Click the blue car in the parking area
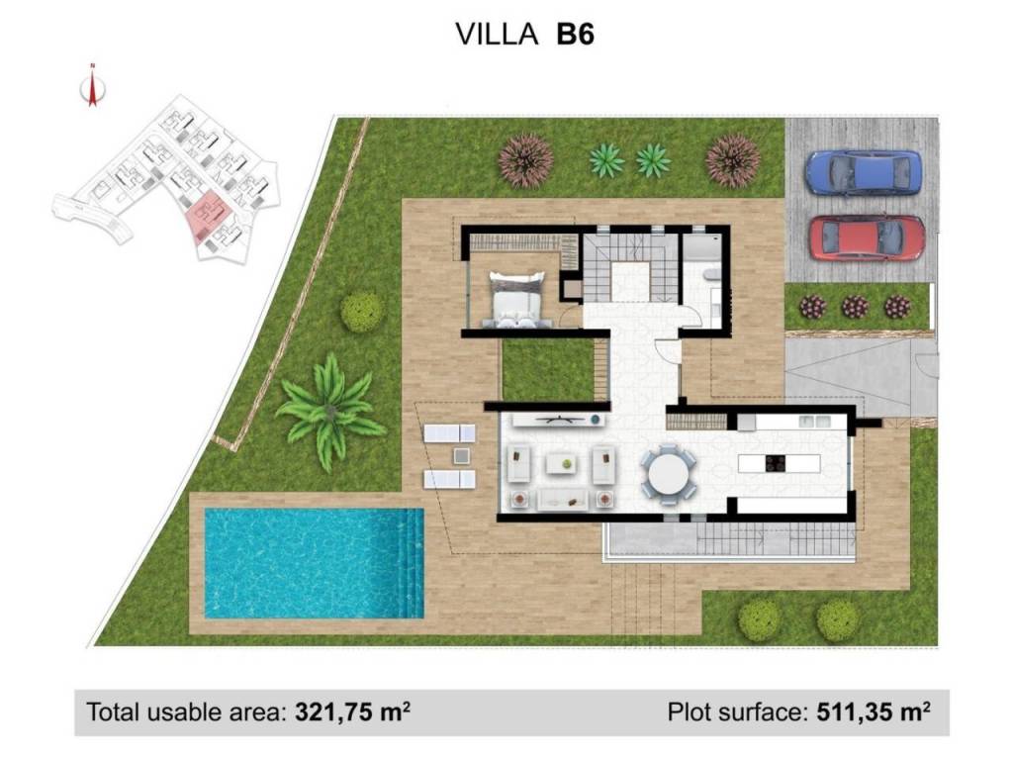(x=864, y=172)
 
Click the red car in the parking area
(x=867, y=237)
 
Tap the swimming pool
(x=314, y=563)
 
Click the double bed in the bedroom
(x=516, y=300)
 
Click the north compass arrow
(x=92, y=86)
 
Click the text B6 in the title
(x=575, y=34)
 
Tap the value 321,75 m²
(x=352, y=712)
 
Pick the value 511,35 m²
(x=874, y=712)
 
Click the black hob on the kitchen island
(x=775, y=463)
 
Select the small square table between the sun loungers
(x=461, y=456)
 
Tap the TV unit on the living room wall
(x=559, y=420)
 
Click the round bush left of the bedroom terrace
(x=362, y=312)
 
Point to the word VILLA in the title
(x=497, y=34)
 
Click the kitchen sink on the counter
(x=815, y=422)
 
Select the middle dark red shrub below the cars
(x=854, y=307)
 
